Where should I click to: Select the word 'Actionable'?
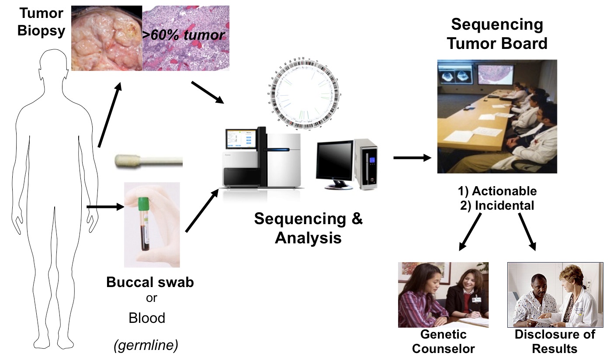[x=503, y=191]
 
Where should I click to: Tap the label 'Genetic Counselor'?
[x=443, y=342]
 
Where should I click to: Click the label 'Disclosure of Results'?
[x=555, y=342]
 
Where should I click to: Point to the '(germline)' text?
[x=146, y=346]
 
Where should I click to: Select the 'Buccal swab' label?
[x=150, y=282]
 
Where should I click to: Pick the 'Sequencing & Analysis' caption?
[x=308, y=228]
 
